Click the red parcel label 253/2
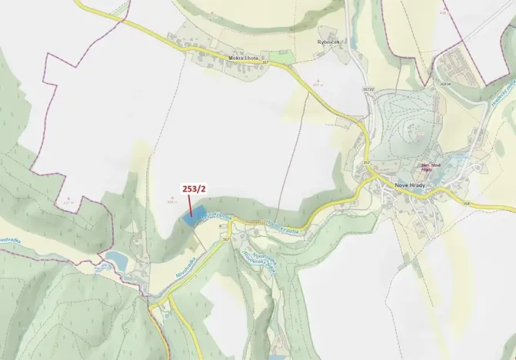click(193, 187)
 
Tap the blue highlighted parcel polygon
click(193, 216)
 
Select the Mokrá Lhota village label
click(245, 57)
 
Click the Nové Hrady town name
click(398, 185)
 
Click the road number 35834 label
click(444, 84)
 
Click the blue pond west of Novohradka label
click(116, 258)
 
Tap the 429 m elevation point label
click(170, 199)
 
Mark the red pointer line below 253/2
click(190, 203)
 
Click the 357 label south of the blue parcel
click(226, 239)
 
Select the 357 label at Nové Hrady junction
click(366, 163)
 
